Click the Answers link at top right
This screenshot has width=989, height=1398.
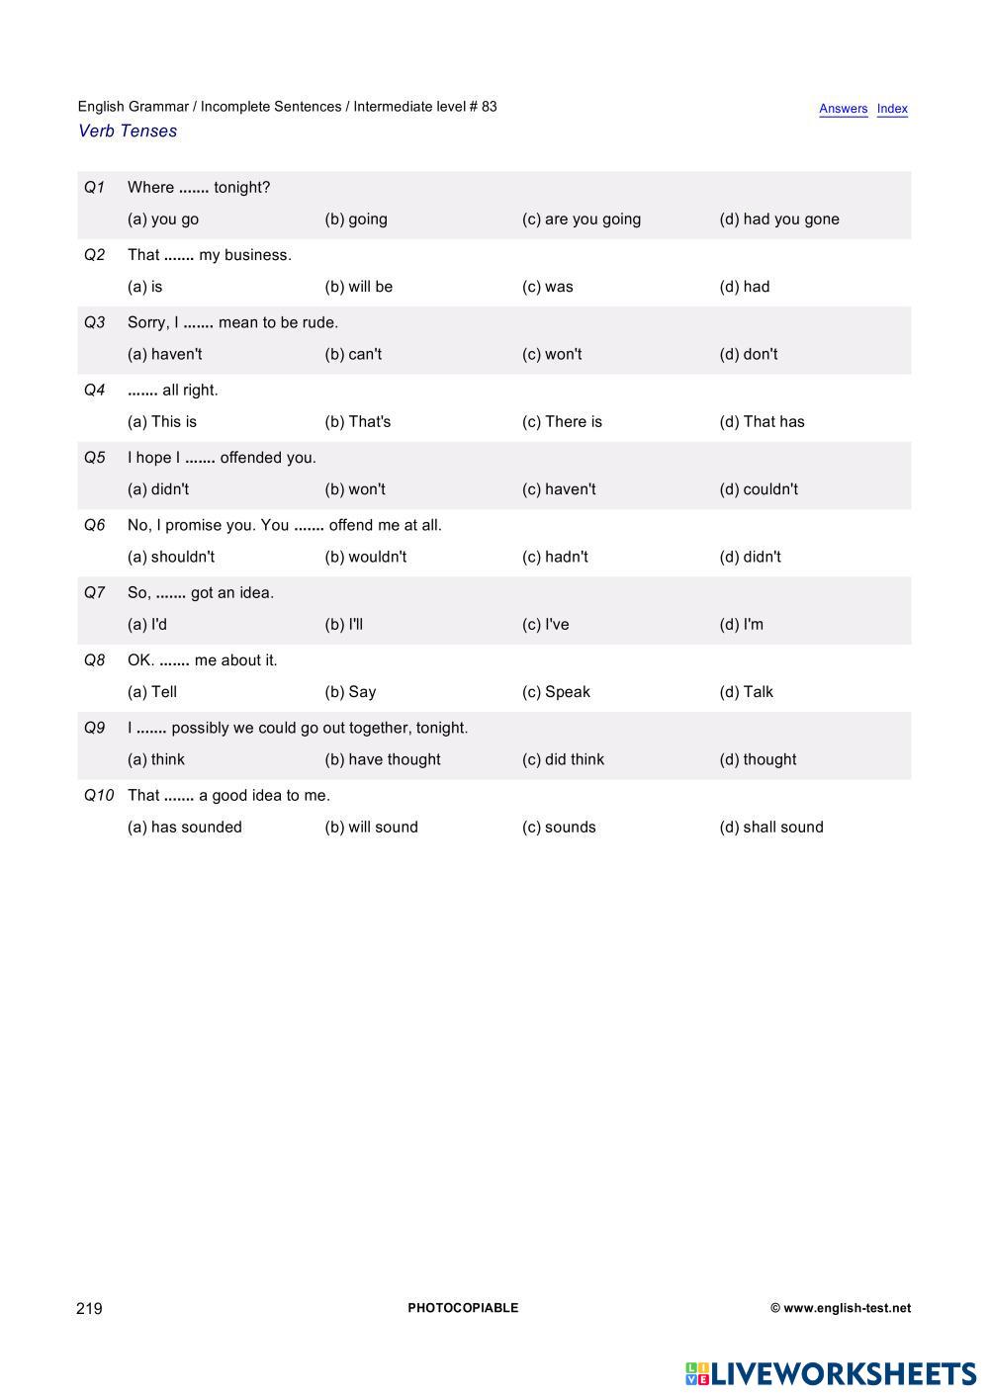(843, 109)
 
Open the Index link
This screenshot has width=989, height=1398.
(892, 109)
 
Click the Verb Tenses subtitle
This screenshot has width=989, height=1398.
(128, 131)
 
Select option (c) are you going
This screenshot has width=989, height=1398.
(582, 219)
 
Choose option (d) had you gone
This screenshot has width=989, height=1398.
(779, 219)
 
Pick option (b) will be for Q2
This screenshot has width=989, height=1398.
(358, 287)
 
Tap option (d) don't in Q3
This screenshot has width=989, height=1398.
(749, 354)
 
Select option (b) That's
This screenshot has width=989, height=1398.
(358, 422)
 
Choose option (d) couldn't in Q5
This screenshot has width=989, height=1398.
(759, 489)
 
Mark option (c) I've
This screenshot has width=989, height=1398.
(546, 625)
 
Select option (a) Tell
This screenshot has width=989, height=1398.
(152, 692)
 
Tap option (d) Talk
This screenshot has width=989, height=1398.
(747, 692)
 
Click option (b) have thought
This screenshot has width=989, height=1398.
(383, 759)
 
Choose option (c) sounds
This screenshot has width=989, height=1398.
(559, 828)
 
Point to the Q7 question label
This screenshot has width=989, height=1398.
(94, 592)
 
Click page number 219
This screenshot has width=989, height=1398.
(89, 1308)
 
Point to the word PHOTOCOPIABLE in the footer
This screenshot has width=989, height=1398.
(463, 1308)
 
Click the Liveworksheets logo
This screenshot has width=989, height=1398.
(831, 1373)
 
